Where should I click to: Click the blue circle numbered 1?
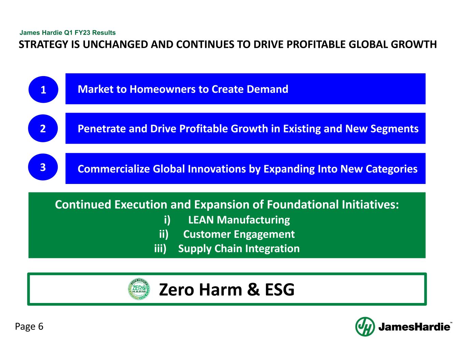click(43, 89)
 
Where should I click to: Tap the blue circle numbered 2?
click(43, 128)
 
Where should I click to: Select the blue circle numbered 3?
click(43, 167)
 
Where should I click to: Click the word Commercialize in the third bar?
click(114, 169)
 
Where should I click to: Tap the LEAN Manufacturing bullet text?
click(239, 220)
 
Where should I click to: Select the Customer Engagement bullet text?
click(239, 234)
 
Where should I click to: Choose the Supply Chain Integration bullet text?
click(239, 248)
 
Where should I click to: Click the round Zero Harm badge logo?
click(139, 290)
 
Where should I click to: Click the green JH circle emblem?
click(365, 327)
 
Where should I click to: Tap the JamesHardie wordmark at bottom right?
click(414, 327)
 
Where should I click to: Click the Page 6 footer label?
click(29, 327)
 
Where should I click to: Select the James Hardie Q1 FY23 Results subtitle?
click(68, 33)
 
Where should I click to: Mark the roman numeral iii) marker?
click(160, 248)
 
